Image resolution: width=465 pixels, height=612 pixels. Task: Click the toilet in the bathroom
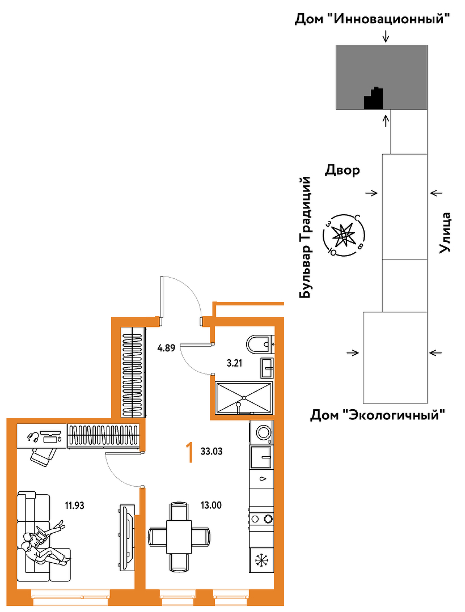tap(260, 344)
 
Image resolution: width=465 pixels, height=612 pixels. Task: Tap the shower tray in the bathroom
tap(244, 397)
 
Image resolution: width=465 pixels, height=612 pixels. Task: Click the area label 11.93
tap(75, 506)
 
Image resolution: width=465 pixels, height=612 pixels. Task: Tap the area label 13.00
tap(211, 505)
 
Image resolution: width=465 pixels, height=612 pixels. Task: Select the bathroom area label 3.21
tap(235, 363)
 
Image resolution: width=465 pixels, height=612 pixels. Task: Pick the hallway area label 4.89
tap(166, 347)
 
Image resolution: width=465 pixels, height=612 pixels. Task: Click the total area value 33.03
tap(212, 452)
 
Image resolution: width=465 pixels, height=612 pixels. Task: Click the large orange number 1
tap(190, 452)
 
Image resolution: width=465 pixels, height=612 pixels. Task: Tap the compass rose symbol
tap(343, 235)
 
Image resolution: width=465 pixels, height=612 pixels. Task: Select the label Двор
tap(343, 171)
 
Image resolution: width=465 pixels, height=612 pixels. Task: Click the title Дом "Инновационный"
tap(372, 19)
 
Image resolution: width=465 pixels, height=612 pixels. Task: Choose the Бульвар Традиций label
tap(305, 237)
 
